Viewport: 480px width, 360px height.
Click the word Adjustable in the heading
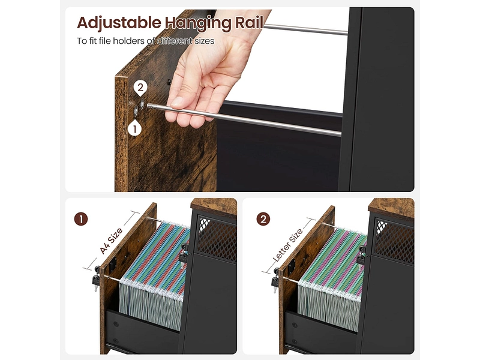[x=119, y=23]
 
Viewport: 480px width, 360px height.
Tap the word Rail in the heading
[x=248, y=22]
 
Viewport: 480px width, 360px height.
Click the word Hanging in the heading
[x=197, y=23]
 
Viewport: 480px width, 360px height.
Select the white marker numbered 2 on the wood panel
[x=140, y=88]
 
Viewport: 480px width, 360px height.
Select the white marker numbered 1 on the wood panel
[x=134, y=129]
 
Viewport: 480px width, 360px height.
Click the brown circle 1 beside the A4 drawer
[x=81, y=219]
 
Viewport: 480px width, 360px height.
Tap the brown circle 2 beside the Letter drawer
[x=263, y=219]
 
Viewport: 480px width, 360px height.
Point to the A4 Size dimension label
[x=111, y=241]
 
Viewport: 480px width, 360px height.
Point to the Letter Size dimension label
[x=287, y=245]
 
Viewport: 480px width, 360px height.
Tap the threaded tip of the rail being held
[x=152, y=107]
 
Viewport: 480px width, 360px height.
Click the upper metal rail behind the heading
[x=305, y=29]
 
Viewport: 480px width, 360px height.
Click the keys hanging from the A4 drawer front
[x=96, y=278]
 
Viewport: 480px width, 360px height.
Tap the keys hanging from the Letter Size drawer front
[x=275, y=278]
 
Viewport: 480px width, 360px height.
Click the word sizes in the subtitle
[x=204, y=41]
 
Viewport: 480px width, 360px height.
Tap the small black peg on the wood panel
[x=169, y=82]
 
